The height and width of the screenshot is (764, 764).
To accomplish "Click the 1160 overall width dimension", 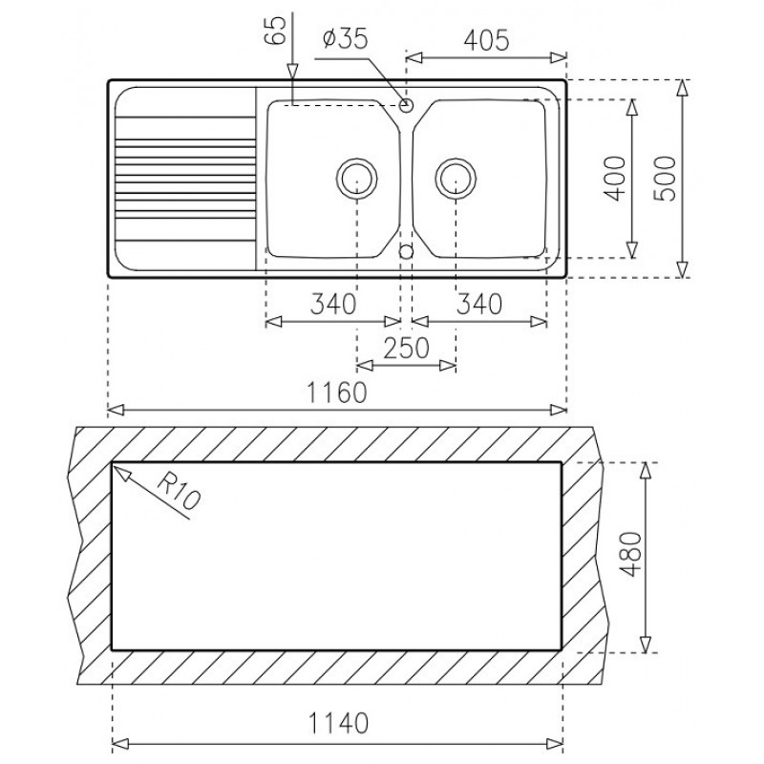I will pyautogui.click(x=336, y=393).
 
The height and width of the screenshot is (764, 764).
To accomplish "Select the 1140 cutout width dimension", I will pyautogui.click(x=336, y=726).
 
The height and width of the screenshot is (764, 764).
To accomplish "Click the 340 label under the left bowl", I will pyautogui.click(x=332, y=305).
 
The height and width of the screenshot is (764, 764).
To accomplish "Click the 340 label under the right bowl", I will pyautogui.click(x=478, y=305).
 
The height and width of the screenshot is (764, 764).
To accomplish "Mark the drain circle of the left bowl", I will pyautogui.click(x=357, y=177).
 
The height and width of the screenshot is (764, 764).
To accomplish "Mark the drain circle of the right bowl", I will pyautogui.click(x=456, y=177).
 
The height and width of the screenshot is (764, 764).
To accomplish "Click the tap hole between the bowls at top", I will pyautogui.click(x=407, y=104).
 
